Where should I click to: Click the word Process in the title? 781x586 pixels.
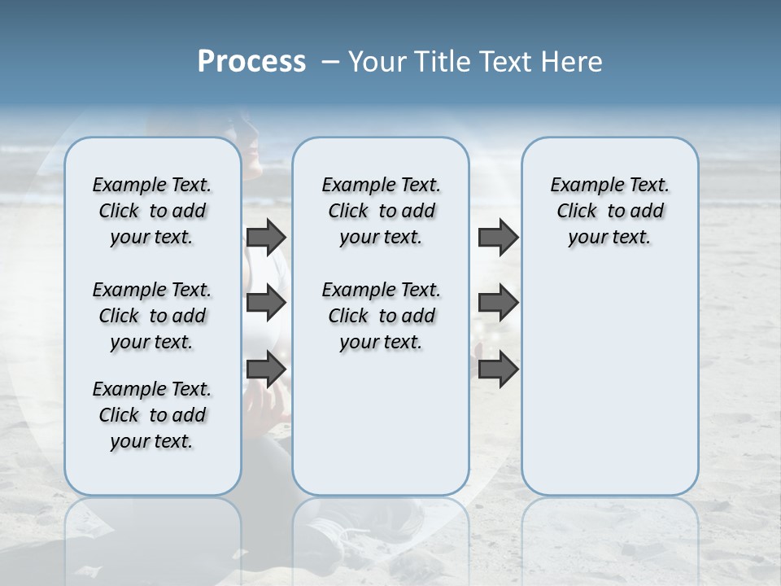pos(251,62)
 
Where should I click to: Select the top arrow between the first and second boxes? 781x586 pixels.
pos(266,237)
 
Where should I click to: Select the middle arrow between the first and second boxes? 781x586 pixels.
pos(266,303)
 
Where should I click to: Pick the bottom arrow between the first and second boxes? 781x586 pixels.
pos(266,369)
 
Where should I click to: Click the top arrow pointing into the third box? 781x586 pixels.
pos(498,237)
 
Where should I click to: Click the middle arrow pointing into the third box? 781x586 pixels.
pos(498,303)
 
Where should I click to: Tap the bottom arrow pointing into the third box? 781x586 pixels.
pos(498,369)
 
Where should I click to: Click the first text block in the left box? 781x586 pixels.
pos(152,211)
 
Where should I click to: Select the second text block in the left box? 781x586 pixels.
pos(152,316)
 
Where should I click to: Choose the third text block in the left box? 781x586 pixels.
pos(152,415)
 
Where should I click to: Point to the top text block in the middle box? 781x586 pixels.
pos(381,211)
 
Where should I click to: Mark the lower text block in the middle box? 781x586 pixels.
pos(381,316)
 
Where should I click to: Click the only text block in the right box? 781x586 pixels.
pos(609,211)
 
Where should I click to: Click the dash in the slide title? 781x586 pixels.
pos(330,62)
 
